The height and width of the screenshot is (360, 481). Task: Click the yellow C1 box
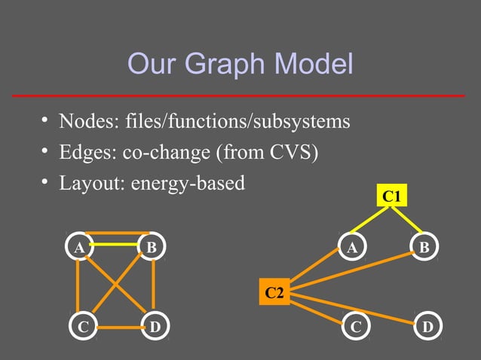(x=391, y=197)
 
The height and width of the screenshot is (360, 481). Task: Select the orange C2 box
(x=274, y=291)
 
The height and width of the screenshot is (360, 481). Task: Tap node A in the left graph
(x=78, y=246)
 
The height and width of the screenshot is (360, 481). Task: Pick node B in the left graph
(x=152, y=246)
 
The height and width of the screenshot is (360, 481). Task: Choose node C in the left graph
(x=81, y=328)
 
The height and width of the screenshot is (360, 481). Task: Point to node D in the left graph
(x=155, y=328)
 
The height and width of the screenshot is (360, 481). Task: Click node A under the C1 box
(x=351, y=246)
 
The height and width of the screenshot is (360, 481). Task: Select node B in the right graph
(x=424, y=246)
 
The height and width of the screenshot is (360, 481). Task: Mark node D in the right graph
(x=427, y=328)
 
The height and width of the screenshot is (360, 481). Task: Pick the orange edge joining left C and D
(x=118, y=328)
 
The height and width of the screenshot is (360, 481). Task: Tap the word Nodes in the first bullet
(x=83, y=121)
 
